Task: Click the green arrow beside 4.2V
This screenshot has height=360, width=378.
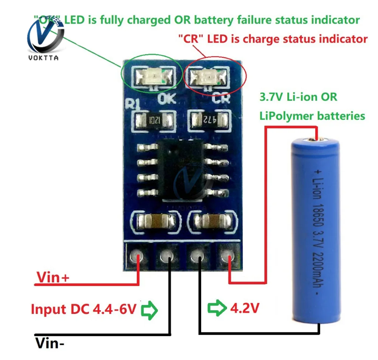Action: (216, 308)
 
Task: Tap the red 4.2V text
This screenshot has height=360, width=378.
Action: (244, 308)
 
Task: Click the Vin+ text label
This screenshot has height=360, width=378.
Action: (53, 278)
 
